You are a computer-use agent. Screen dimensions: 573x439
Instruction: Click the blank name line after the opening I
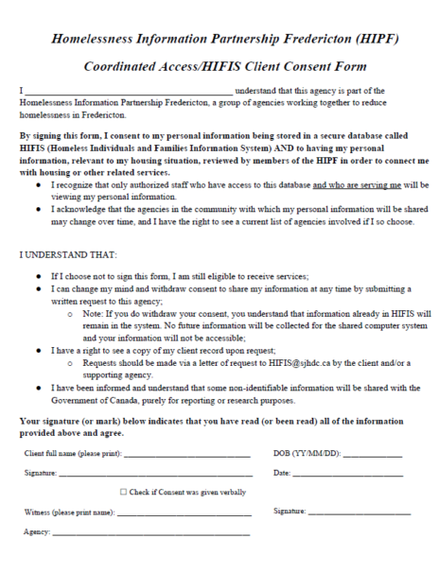tap(128, 92)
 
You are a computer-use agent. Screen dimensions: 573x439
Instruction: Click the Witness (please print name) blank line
tap(184, 512)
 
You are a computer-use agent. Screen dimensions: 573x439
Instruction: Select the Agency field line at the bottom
tap(151, 532)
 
